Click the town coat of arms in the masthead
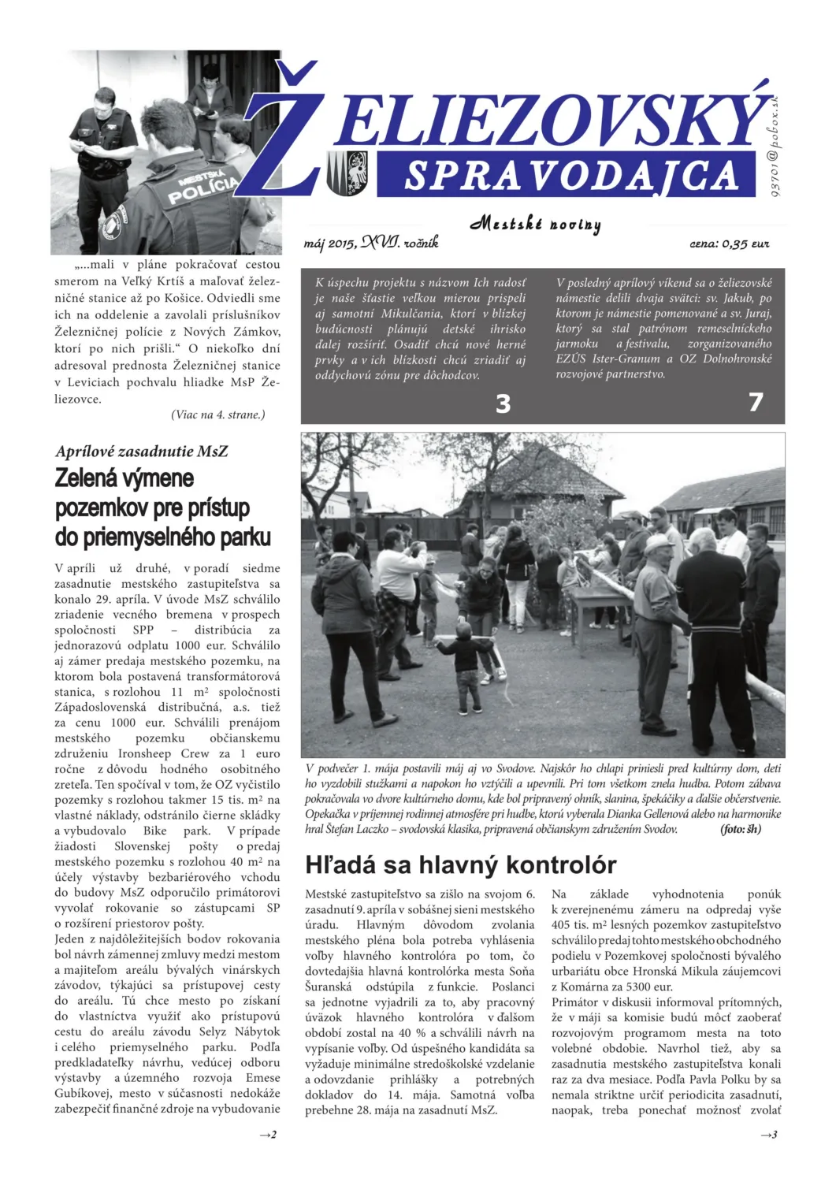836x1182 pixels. click(347, 173)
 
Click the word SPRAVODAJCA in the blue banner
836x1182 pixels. click(571, 175)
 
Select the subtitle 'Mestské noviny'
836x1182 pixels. click(536, 224)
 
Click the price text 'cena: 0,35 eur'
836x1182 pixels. click(729, 244)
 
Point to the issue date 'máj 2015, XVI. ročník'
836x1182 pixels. click(371, 243)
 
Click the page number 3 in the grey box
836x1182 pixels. click(503, 403)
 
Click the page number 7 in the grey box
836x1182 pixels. click(756, 402)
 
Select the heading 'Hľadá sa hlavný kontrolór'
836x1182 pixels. click(460, 864)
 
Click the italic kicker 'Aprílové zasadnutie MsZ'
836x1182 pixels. click(142, 452)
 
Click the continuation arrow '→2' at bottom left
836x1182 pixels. click(268, 1135)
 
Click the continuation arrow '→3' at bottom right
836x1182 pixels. click(768, 1135)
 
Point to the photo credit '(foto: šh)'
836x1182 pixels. click(740, 829)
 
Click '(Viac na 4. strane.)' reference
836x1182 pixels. click(218, 414)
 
